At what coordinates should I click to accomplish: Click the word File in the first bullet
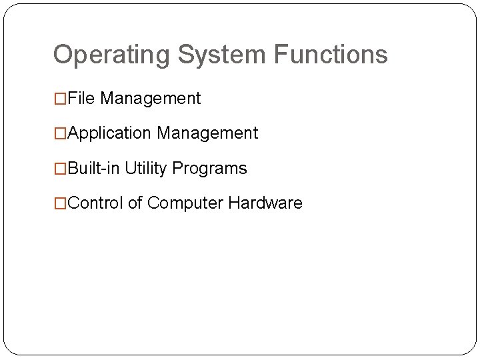click(82, 99)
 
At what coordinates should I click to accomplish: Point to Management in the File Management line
click(151, 99)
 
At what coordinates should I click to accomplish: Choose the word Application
click(109, 133)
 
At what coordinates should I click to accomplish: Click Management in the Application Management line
click(207, 133)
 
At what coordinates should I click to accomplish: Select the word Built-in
click(94, 168)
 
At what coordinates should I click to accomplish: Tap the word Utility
click(146, 169)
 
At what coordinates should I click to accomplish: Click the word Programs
click(209, 169)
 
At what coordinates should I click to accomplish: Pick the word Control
click(95, 203)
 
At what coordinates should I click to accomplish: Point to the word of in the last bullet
click(135, 203)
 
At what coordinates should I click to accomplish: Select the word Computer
click(185, 203)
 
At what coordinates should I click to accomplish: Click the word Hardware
click(265, 203)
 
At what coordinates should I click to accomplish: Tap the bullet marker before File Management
click(61, 99)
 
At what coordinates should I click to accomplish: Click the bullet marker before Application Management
click(61, 134)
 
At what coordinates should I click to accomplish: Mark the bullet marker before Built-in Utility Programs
click(61, 169)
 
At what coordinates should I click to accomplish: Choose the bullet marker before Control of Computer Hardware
click(61, 203)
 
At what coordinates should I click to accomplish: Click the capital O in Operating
click(62, 55)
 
